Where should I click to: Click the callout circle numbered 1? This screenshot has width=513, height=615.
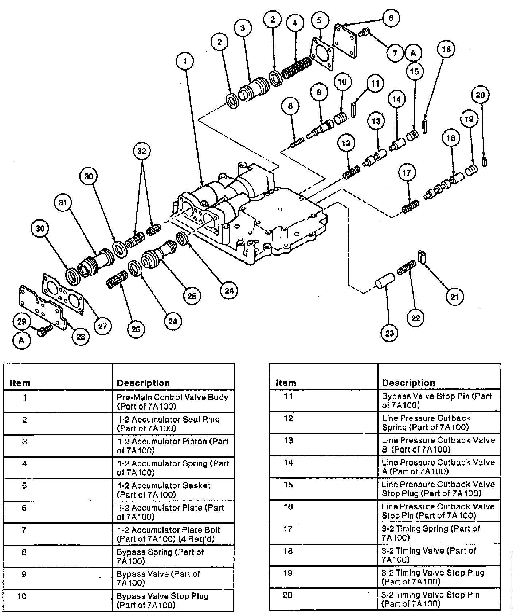tap(185, 61)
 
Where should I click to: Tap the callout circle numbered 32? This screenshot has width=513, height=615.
tap(142, 150)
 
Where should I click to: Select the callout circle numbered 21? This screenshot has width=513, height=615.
tap(455, 297)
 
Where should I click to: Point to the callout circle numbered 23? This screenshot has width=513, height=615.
tap(390, 333)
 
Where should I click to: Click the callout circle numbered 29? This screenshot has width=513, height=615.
tap(22, 321)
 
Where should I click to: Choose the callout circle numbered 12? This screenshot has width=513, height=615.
tap(346, 143)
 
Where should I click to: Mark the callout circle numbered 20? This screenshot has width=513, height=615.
tap(481, 95)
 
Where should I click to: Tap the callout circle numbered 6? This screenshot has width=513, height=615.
tap(391, 18)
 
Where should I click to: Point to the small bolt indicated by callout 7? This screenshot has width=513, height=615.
tap(363, 33)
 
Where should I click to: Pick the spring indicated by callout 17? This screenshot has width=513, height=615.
tap(410, 208)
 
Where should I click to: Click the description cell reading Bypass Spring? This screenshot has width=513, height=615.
tap(173, 556)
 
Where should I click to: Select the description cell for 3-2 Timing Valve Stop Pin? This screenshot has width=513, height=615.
tap(439, 599)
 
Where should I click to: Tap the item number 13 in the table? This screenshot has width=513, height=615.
tap(288, 440)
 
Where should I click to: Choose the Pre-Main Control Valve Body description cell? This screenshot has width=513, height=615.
tap(173, 401)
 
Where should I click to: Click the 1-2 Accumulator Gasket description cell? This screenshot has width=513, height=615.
tap(173, 490)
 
